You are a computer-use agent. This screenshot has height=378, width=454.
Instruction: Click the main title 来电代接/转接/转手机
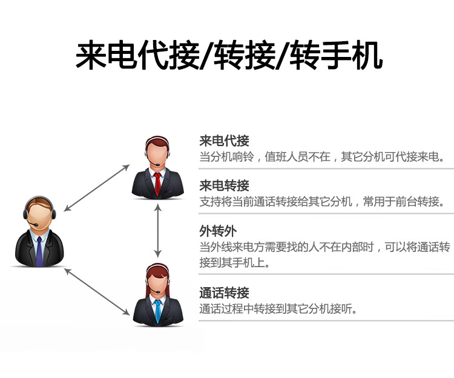click(x=229, y=55)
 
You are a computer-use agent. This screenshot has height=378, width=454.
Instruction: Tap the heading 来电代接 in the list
click(x=224, y=141)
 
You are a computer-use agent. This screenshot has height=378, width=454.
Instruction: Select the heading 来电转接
click(x=224, y=186)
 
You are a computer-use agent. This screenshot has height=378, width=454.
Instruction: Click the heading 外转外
click(x=218, y=231)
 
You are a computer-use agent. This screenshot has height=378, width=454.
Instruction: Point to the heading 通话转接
click(x=224, y=293)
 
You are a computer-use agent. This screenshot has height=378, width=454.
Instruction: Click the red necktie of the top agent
click(x=157, y=184)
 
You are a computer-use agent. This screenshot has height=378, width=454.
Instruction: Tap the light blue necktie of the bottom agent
click(x=158, y=311)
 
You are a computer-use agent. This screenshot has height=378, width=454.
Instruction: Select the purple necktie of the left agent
click(x=39, y=251)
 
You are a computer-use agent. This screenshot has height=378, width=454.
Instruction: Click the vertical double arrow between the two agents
click(x=157, y=231)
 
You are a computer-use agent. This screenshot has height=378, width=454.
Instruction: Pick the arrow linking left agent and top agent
click(x=97, y=188)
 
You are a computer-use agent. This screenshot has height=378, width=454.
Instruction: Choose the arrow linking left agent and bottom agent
click(x=97, y=292)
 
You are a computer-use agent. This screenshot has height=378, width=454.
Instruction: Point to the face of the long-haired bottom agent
click(x=158, y=281)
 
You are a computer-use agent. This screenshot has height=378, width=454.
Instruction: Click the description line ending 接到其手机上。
click(x=235, y=263)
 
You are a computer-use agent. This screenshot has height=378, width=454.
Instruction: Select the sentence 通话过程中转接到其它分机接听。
click(x=278, y=309)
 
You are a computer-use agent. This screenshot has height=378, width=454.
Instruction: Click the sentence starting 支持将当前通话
click(x=321, y=202)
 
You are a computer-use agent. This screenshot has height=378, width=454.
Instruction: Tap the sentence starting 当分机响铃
click(x=321, y=157)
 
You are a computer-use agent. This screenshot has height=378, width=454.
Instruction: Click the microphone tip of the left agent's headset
click(x=36, y=225)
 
